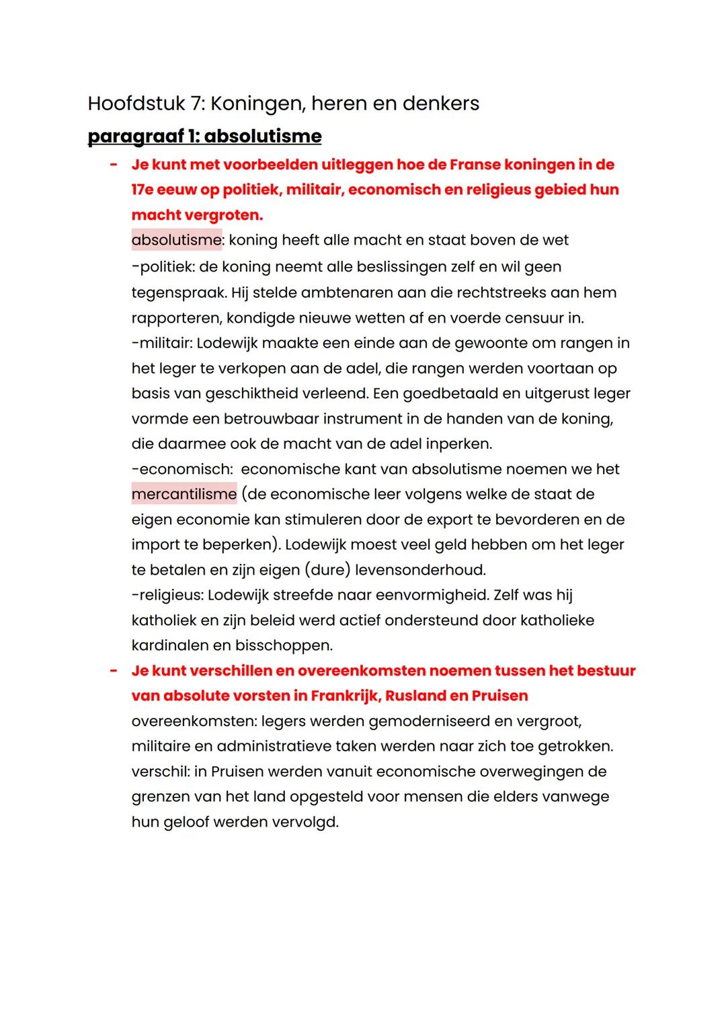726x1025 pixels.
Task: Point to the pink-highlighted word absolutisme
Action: point(176,240)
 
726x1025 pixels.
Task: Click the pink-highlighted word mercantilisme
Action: point(184,494)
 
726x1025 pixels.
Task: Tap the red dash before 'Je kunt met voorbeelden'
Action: point(114,165)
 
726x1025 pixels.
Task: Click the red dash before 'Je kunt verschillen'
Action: point(114,671)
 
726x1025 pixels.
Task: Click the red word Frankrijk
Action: point(345,696)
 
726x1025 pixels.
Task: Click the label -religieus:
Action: point(167,595)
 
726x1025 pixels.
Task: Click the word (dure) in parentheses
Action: point(327,570)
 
